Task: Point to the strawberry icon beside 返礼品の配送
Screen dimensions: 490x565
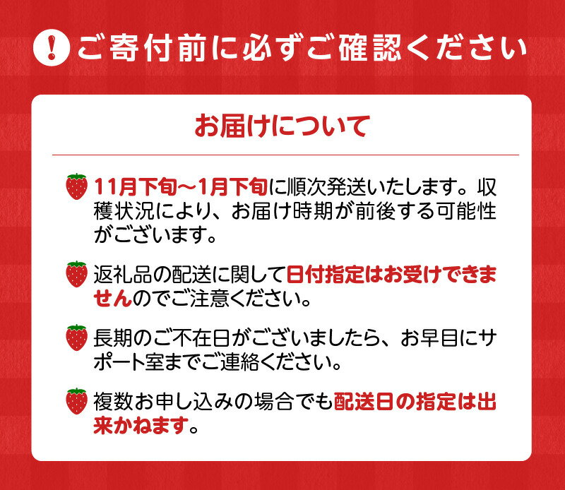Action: tap(76, 274)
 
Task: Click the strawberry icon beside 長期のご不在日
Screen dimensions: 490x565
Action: tap(76, 337)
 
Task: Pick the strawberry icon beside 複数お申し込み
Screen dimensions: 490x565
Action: tap(76, 401)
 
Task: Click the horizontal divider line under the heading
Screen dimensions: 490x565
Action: tap(282, 155)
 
